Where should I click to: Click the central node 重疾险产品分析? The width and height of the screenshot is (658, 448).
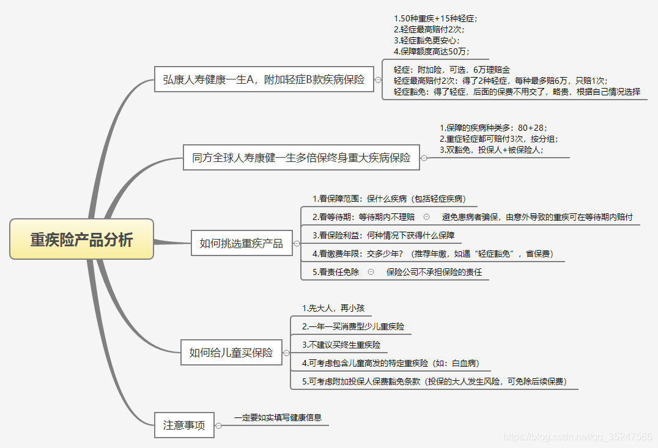(81, 239)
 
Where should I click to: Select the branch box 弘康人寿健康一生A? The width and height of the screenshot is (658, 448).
(264, 79)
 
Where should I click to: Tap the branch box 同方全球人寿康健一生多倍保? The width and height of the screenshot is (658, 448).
(301, 158)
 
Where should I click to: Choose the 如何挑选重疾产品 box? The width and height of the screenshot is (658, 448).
(242, 243)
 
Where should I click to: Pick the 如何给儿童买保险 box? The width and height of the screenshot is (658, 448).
(231, 353)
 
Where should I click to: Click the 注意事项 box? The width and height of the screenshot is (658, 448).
(184, 425)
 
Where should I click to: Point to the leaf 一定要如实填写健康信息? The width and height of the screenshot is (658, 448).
(278, 418)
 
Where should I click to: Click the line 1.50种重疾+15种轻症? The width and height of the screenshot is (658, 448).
(435, 18)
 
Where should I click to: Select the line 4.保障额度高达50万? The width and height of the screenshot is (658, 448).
(432, 51)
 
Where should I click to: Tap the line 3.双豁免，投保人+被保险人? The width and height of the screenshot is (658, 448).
(491, 149)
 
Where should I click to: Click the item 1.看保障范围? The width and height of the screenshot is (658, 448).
(388, 199)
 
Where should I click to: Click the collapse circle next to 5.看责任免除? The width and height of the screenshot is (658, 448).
(371, 272)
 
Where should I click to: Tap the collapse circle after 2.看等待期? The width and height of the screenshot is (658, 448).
(426, 216)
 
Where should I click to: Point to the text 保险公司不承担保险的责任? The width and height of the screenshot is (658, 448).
(434, 272)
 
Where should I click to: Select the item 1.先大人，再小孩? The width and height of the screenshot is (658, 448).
(333, 308)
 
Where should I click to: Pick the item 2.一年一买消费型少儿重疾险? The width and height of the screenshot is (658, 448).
(353, 326)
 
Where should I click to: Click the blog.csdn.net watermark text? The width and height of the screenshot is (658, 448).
(577, 436)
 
